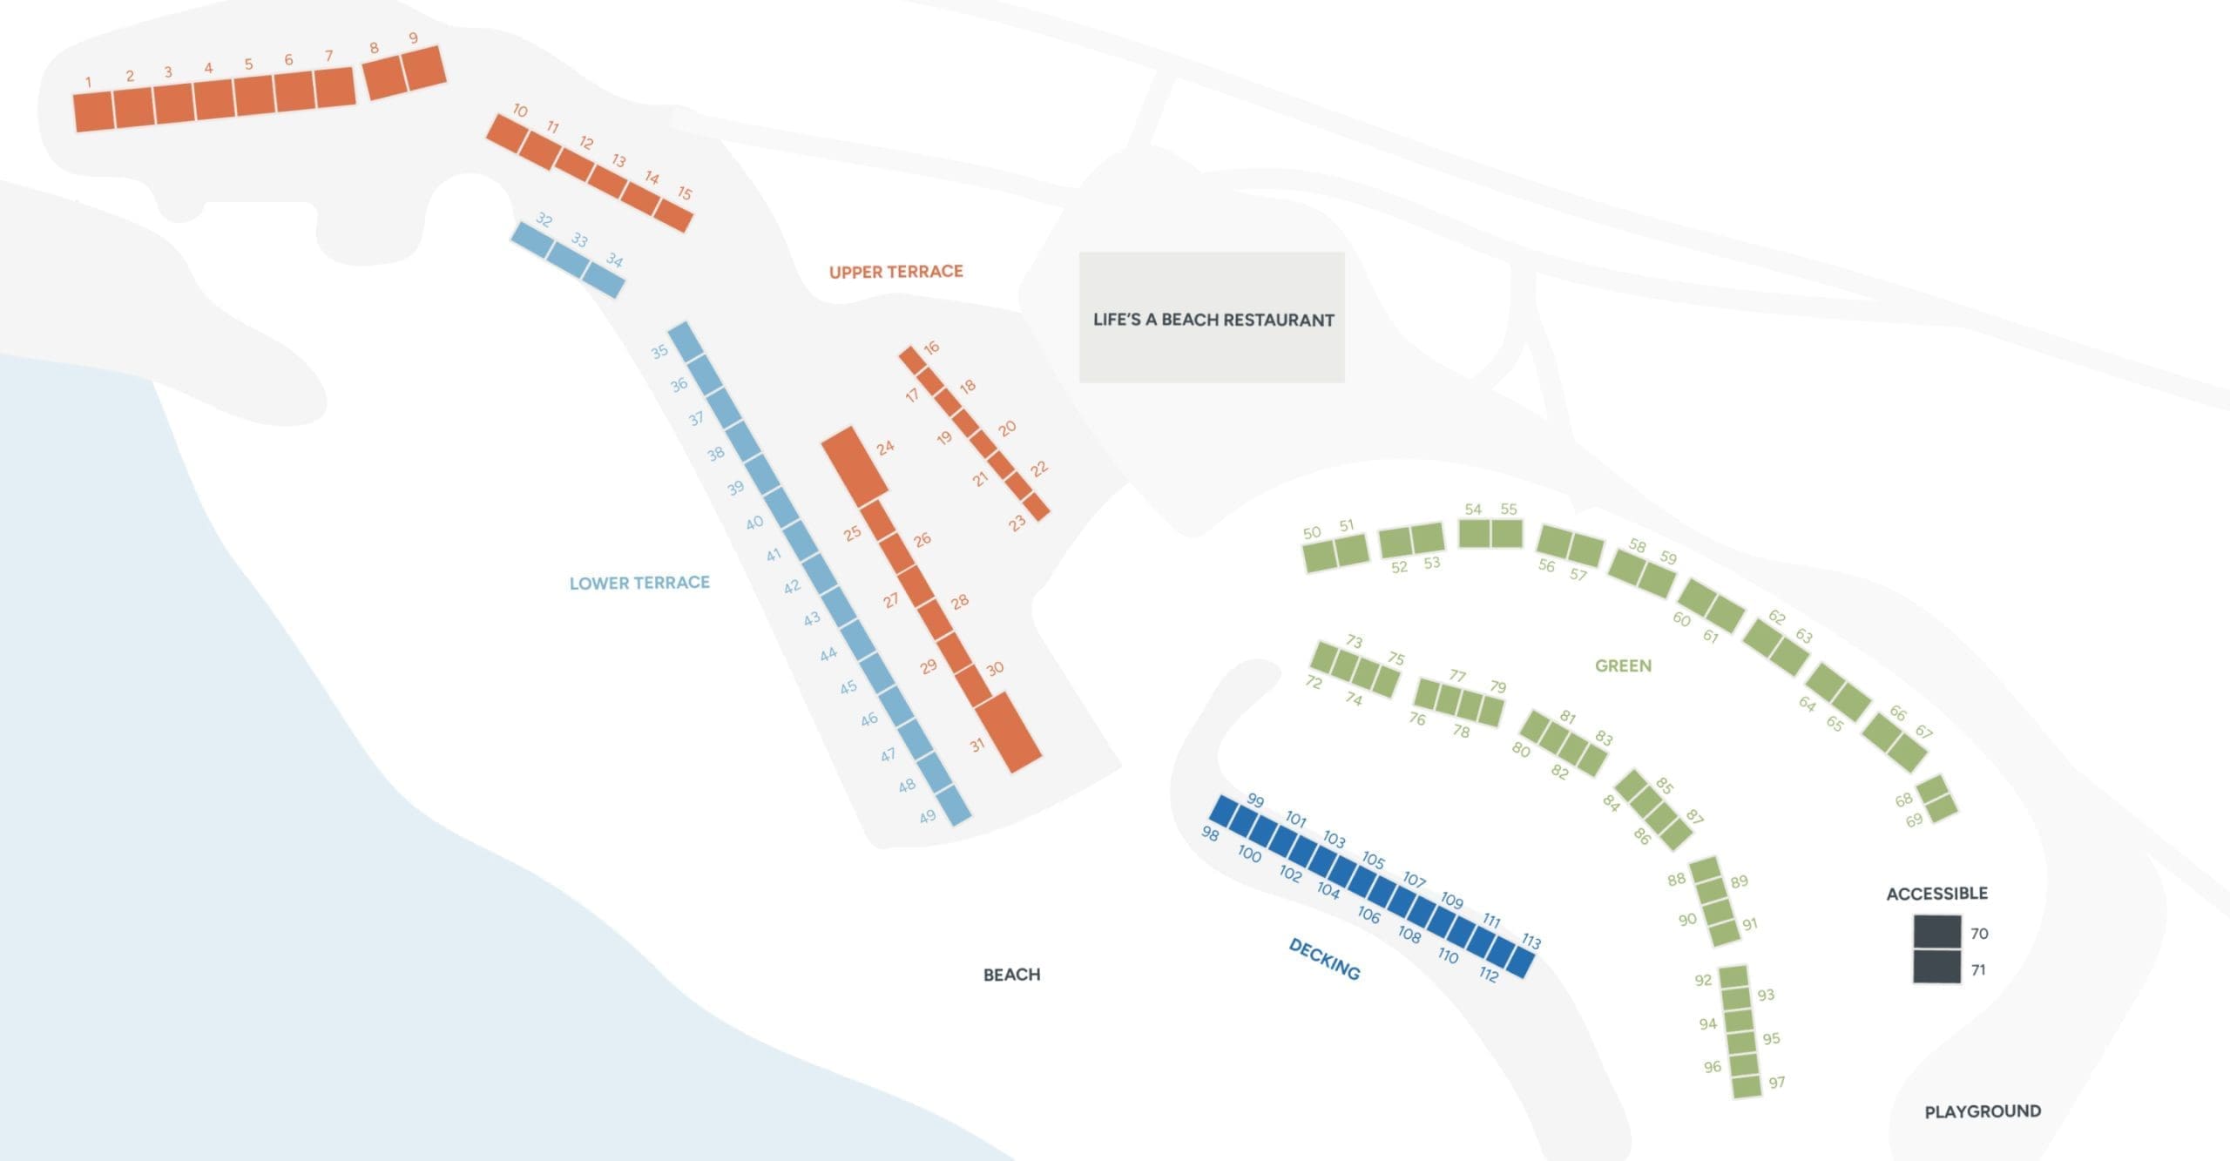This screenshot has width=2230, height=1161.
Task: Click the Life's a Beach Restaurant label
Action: coord(1213,320)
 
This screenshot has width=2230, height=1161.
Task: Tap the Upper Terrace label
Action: coord(895,272)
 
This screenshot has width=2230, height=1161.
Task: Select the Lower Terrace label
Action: coord(639,583)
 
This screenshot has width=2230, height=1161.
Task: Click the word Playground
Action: coord(1983,1111)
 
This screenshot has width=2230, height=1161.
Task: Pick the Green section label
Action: coord(1623,665)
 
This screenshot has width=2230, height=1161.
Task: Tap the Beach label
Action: coord(1011,975)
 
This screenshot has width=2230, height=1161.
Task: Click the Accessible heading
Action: coord(1936,894)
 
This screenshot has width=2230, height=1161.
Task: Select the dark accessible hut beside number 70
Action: coord(1937,932)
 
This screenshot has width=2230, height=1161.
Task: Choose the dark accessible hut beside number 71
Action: coord(1937,967)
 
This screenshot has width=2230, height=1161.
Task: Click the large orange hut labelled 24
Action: coord(855,467)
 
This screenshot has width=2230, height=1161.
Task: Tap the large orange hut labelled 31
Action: coord(1008,732)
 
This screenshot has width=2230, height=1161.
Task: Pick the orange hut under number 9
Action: coord(425,67)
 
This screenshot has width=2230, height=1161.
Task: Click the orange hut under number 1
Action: coord(94,111)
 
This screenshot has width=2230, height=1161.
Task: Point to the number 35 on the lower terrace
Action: coord(659,352)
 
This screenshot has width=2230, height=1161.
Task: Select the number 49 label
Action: coord(928,817)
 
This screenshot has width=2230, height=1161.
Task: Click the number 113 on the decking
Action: coord(1531,942)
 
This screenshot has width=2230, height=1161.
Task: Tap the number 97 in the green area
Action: coord(1777,1083)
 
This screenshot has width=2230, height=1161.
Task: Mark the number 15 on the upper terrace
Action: coord(685,193)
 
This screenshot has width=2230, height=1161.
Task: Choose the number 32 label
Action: coord(544,220)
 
